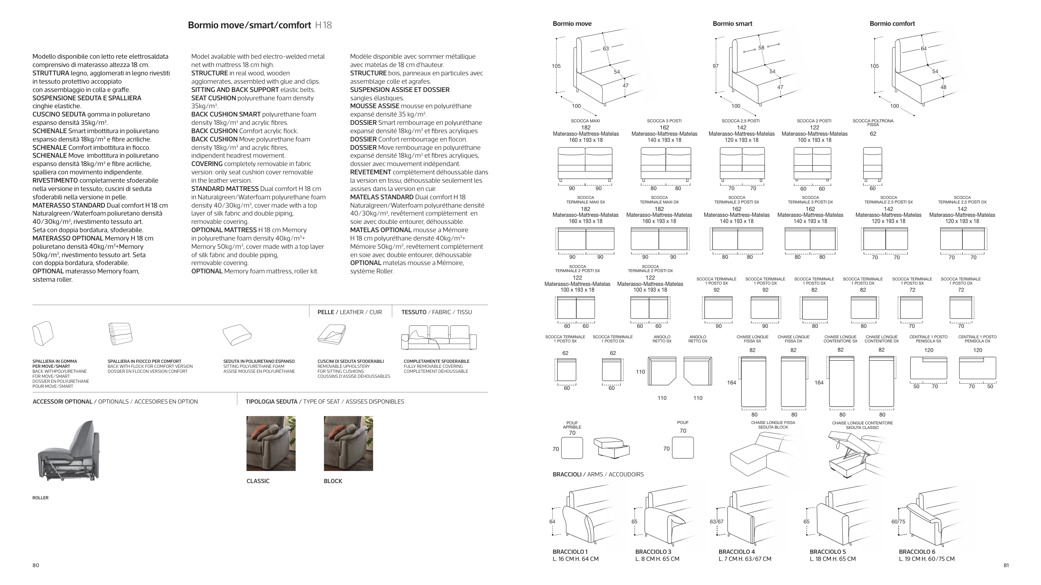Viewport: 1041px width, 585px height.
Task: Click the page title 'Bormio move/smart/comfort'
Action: pyautogui.click(x=249, y=25)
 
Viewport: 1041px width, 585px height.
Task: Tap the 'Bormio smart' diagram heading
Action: pyautogui.click(x=732, y=24)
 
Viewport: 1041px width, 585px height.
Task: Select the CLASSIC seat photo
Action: pyautogui.click(x=271, y=443)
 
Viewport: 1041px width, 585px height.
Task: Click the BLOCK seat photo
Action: pyautogui.click(x=348, y=443)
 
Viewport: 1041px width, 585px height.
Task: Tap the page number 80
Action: pyautogui.click(x=36, y=565)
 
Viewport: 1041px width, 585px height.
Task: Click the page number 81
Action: pyautogui.click(x=1006, y=565)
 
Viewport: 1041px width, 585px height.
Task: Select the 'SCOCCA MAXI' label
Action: pyautogui.click(x=585, y=121)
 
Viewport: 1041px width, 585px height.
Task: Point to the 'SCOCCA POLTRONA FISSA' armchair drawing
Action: pyautogui.click(x=872, y=165)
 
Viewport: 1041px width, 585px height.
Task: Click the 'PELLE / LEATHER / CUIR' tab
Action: pyautogui.click(x=349, y=312)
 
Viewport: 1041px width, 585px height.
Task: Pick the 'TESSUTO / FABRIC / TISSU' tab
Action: pyautogui.click(x=436, y=312)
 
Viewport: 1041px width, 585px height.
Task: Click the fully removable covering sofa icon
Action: pyautogui.click(x=439, y=337)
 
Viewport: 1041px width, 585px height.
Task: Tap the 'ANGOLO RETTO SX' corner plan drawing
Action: pyautogui.click(x=664, y=371)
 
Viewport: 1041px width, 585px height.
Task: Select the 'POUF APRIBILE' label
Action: pyautogui.click(x=572, y=425)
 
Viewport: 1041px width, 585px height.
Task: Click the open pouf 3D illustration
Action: pyautogui.click(x=611, y=447)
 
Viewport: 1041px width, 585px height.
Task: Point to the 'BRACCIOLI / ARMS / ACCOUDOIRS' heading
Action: pyautogui.click(x=598, y=474)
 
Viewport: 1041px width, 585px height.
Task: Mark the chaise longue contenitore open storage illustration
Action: pyautogui.click(x=854, y=456)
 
